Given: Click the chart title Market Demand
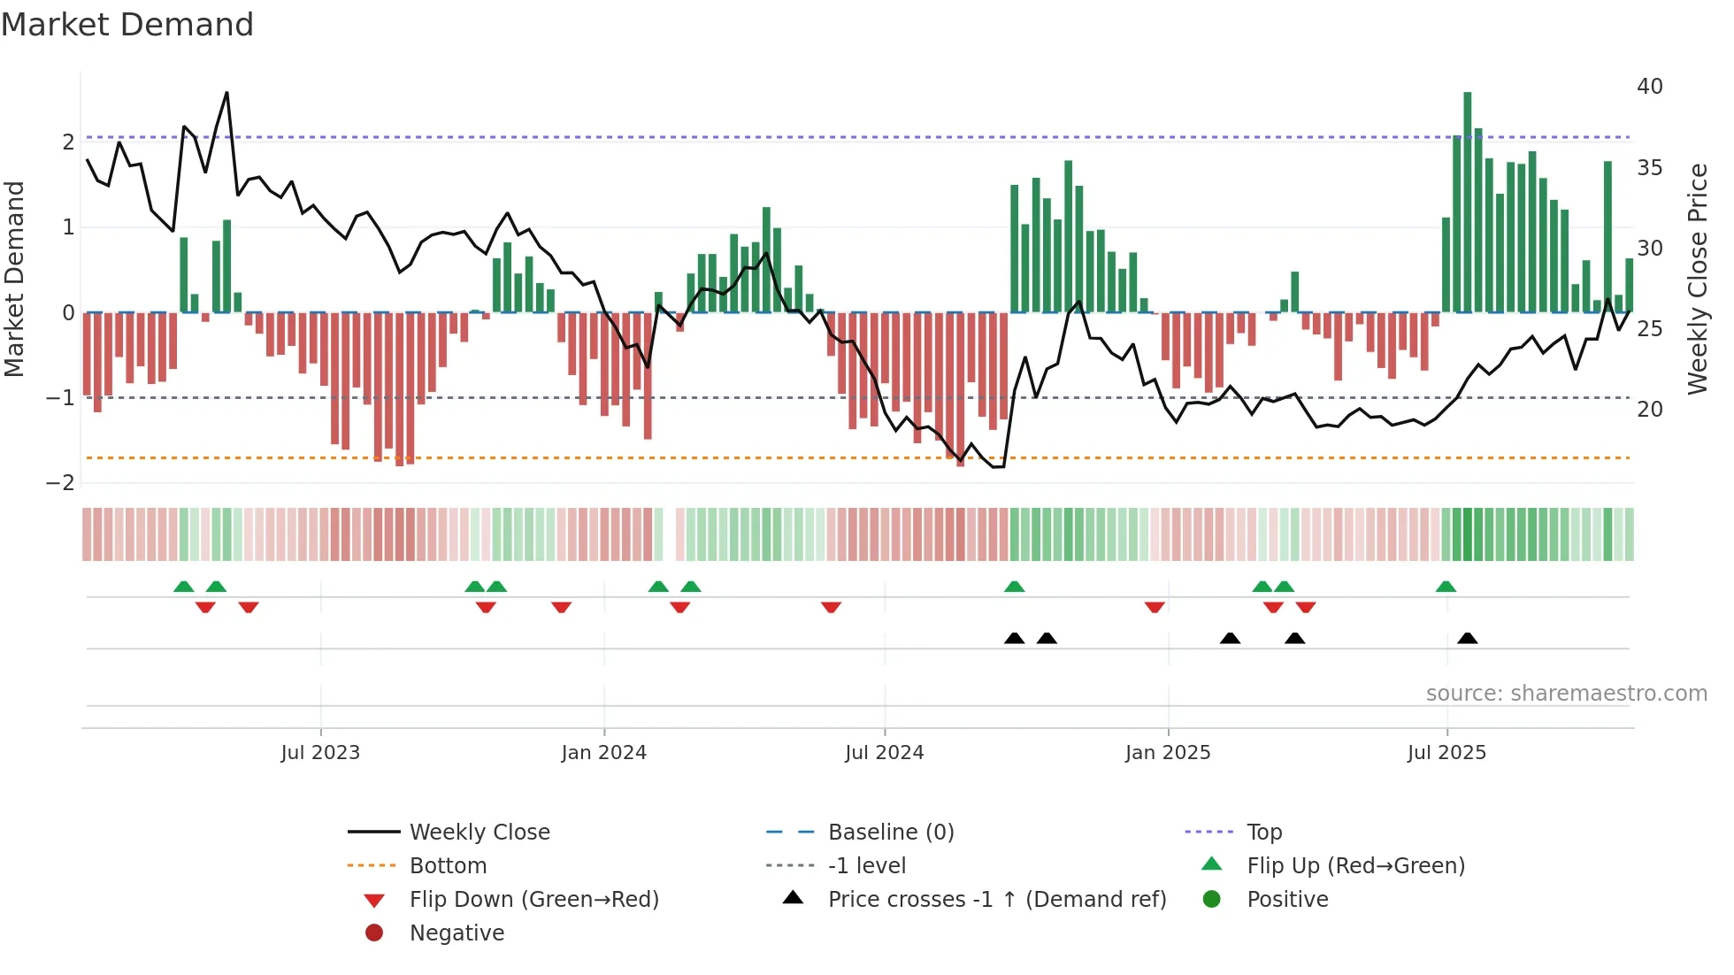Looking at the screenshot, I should point(127,25).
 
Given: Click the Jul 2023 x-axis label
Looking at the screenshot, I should point(320,753).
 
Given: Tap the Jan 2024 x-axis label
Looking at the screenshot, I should point(603,753).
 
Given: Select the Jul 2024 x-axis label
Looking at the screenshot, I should point(884,753).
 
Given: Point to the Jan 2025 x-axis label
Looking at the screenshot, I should point(1167,753).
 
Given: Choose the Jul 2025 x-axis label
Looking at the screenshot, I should point(1446,753).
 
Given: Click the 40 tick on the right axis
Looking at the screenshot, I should point(1649,87).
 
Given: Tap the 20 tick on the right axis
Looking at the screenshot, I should point(1649,410).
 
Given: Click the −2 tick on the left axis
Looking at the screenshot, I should point(60,483).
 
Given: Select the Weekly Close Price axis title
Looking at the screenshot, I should point(1697,279).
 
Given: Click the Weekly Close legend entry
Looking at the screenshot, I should point(479,833).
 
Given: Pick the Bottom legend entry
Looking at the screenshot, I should point(448,866).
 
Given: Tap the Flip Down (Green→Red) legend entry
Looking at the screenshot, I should point(533,900).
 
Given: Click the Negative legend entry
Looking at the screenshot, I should point(457,933).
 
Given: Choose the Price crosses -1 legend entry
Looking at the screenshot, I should point(996,900).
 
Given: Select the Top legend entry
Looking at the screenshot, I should point(1263,833).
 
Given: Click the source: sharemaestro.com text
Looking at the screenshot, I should point(1566,694).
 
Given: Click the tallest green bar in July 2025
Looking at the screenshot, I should point(1468,203).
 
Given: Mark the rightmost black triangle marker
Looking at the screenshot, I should point(1468,639).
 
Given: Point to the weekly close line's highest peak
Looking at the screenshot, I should point(227,93).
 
